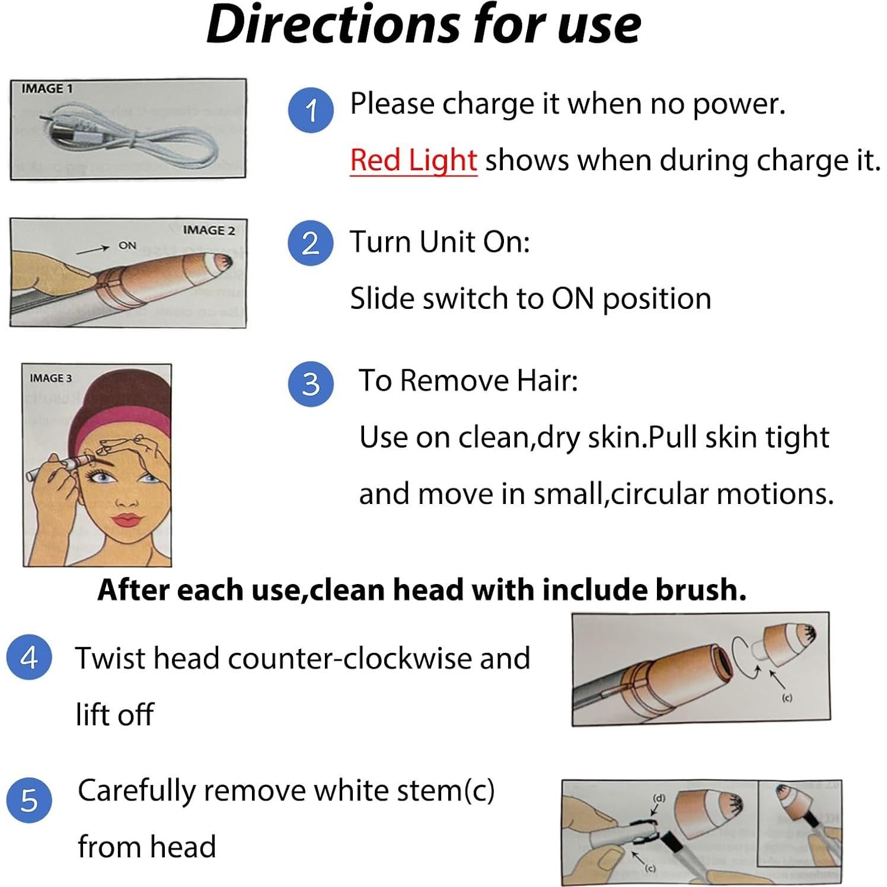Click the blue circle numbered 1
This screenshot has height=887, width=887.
click(x=311, y=110)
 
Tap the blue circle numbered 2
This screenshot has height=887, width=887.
click(x=311, y=243)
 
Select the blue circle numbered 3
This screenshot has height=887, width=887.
click(x=311, y=384)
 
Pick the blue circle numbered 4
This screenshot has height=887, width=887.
click(x=29, y=657)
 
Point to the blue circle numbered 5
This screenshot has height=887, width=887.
click(x=29, y=800)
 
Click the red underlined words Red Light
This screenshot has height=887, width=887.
click(x=413, y=161)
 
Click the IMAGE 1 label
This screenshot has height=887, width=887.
click(x=47, y=89)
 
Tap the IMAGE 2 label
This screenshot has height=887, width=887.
click(x=209, y=231)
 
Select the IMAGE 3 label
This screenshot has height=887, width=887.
click(x=50, y=378)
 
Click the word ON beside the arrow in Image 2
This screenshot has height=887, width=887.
click(x=127, y=245)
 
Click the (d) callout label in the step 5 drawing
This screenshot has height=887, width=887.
click(x=659, y=798)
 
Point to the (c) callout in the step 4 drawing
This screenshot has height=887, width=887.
click(x=787, y=698)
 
